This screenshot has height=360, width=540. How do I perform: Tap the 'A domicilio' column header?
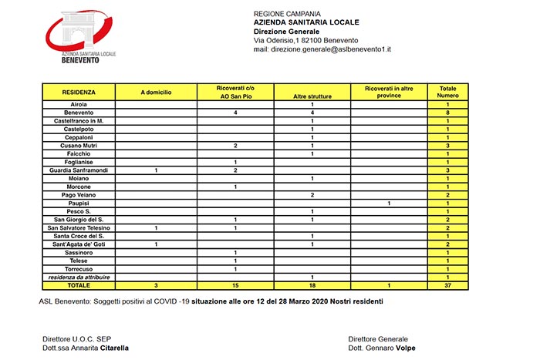156,92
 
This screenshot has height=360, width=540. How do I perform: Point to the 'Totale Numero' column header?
447,92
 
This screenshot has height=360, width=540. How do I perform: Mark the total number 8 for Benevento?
447,113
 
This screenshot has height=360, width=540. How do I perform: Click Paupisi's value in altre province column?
389,203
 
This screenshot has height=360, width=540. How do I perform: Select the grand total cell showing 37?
447,285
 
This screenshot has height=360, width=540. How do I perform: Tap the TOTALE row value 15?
235,285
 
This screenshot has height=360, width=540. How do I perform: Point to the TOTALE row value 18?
312,285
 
